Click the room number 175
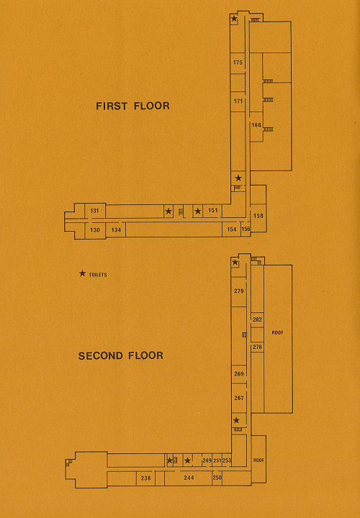(238, 62)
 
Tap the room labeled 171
(238, 101)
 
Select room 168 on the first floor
(256, 125)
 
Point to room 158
(258, 216)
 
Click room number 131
(94, 210)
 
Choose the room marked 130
(95, 230)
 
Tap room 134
(116, 230)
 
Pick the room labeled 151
(213, 210)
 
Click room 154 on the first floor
(231, 230)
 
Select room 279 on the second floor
(238, 291)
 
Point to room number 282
(257, 319)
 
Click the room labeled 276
(257, 347)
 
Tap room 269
(239, 373)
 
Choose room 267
(239, 398)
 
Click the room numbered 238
(145, 478)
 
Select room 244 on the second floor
(189, 478)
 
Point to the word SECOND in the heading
(101, 356)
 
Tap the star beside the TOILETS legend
(82, 273)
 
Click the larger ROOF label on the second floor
(277, 332)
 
